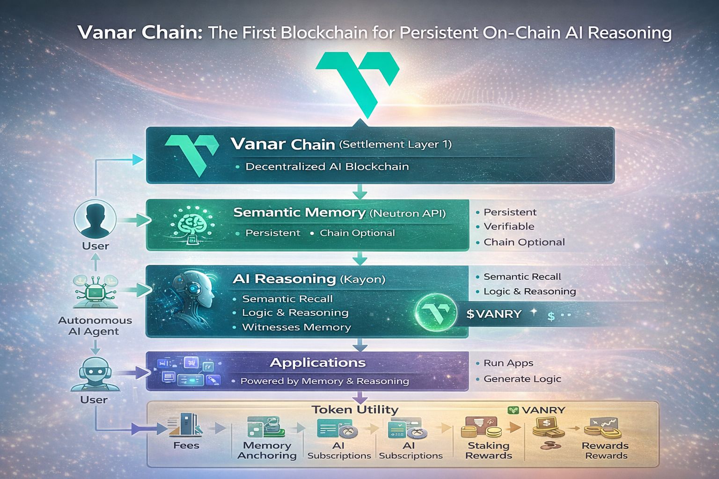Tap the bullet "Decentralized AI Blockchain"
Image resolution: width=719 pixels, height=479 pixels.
point(327,167)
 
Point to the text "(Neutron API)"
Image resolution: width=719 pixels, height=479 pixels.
point(407,213)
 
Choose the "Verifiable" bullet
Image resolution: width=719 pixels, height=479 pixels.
point(508,226)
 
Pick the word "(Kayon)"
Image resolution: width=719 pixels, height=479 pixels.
point(362,280)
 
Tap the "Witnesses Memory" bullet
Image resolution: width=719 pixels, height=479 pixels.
point(296,327)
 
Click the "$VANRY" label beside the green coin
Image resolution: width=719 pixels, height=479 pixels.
point(494,314)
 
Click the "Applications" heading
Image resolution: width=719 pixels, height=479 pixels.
point(318,363)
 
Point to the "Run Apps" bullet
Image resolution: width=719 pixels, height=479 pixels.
point(508,363)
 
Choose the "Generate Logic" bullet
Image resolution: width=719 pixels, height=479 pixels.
point(522,379)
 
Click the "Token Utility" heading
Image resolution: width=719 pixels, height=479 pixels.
point(355,410)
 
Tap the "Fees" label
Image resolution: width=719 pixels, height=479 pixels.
point(186,445)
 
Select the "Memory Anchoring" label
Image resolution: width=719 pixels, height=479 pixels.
point(267,450)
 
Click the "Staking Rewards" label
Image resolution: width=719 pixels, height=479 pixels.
point(488,450)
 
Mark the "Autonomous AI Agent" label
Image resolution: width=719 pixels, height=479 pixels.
point(95,326)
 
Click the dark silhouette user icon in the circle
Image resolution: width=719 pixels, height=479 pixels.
point(95,218)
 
